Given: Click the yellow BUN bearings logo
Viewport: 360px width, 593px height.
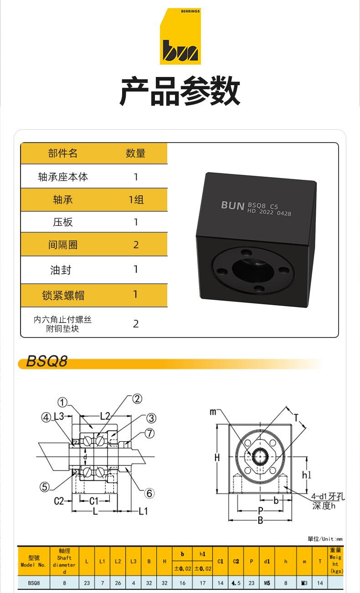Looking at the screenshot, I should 180,36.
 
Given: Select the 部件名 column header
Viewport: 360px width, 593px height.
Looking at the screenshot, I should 63,153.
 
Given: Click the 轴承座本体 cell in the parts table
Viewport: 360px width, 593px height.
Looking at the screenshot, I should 63,177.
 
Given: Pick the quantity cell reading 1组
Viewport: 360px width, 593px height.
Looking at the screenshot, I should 135,199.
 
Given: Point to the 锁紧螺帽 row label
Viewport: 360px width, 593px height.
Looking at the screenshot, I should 63,295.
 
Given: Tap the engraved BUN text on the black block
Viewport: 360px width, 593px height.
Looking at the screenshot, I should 232,205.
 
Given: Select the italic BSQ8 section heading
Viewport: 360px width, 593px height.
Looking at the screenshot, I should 46,362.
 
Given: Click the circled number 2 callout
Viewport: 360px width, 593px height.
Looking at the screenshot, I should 137,399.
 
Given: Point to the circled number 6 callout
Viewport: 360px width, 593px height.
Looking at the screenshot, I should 149,493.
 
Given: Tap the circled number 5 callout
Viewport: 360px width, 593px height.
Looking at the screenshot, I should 44,487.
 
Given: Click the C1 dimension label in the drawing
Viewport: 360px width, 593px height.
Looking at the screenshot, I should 93,501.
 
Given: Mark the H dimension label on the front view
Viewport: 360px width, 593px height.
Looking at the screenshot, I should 217,458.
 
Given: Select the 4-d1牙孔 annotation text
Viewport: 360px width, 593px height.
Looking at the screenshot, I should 328,497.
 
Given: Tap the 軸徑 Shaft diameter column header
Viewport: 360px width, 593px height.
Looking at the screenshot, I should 64,561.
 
